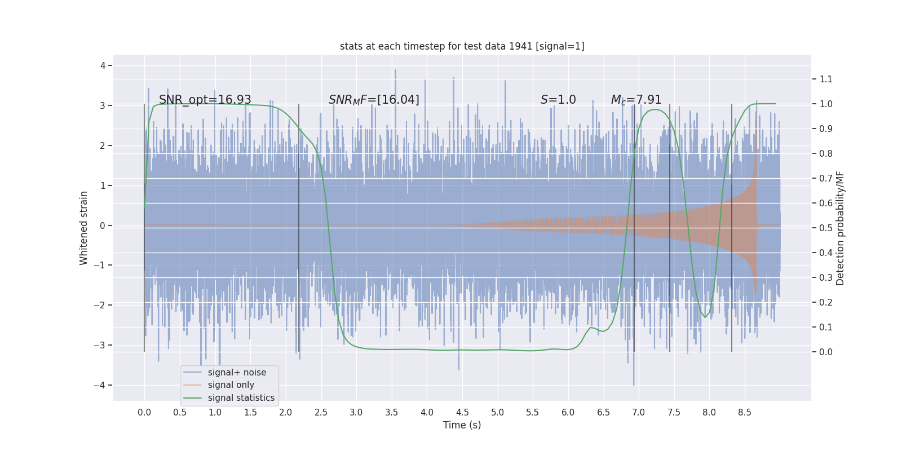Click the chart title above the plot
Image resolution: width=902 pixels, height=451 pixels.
pos(462,46)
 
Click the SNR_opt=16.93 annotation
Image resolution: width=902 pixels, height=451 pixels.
pos(205,100)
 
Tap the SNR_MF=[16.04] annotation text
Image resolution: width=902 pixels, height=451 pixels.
pos(374,100)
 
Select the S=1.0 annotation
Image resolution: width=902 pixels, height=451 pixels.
pos(558,100)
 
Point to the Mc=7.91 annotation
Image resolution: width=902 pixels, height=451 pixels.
pos(636,100)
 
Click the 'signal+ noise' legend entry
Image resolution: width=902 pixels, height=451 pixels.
pos(237,373)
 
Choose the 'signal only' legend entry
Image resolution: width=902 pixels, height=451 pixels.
pos(231,385)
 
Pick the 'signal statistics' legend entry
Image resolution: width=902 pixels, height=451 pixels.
pos(241,398)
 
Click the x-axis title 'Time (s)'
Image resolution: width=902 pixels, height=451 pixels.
pos(462,425)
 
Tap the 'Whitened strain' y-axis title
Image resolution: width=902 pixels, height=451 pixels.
pos(83,228)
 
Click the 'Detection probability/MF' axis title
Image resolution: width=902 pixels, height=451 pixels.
pos(840,228)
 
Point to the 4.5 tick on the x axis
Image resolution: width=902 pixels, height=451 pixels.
pos(462,412)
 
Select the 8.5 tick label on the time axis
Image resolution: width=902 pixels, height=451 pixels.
pos(745,412)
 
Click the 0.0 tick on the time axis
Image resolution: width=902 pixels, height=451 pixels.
pos(144,412)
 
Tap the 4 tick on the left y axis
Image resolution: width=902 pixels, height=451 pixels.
pos(103,65)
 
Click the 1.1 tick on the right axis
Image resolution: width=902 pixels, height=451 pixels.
pos(826,79)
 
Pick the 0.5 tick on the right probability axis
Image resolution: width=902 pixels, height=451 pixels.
pos(826,228)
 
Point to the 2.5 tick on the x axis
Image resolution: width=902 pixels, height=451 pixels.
pos(321,412)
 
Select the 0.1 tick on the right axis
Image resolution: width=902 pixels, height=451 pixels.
pos(826,327)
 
